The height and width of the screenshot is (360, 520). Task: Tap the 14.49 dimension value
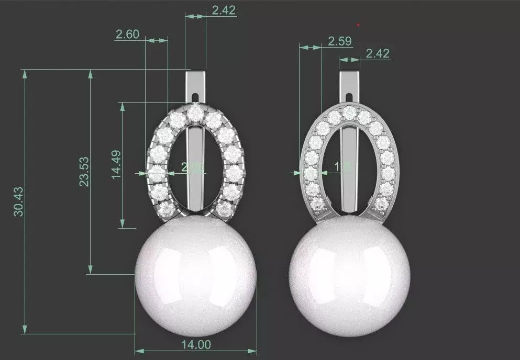[x=116, y=165]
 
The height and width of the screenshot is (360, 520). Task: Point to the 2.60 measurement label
[x=127, y=35]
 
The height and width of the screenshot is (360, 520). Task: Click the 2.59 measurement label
[x=339, y=41]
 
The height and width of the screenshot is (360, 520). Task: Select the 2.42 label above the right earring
[x=377, y=53]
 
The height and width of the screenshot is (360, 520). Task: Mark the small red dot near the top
[x=358, y=24]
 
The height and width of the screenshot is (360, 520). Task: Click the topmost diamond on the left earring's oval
[x=196, y=111]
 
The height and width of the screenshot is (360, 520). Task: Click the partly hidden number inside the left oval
[x=191, y=167]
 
